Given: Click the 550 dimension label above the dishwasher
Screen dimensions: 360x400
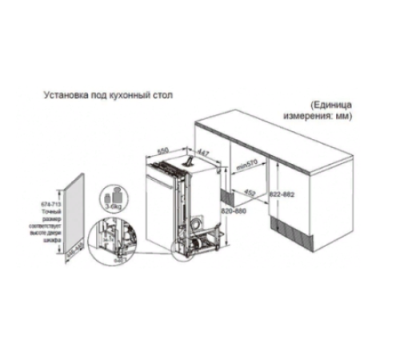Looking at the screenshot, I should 162,150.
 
